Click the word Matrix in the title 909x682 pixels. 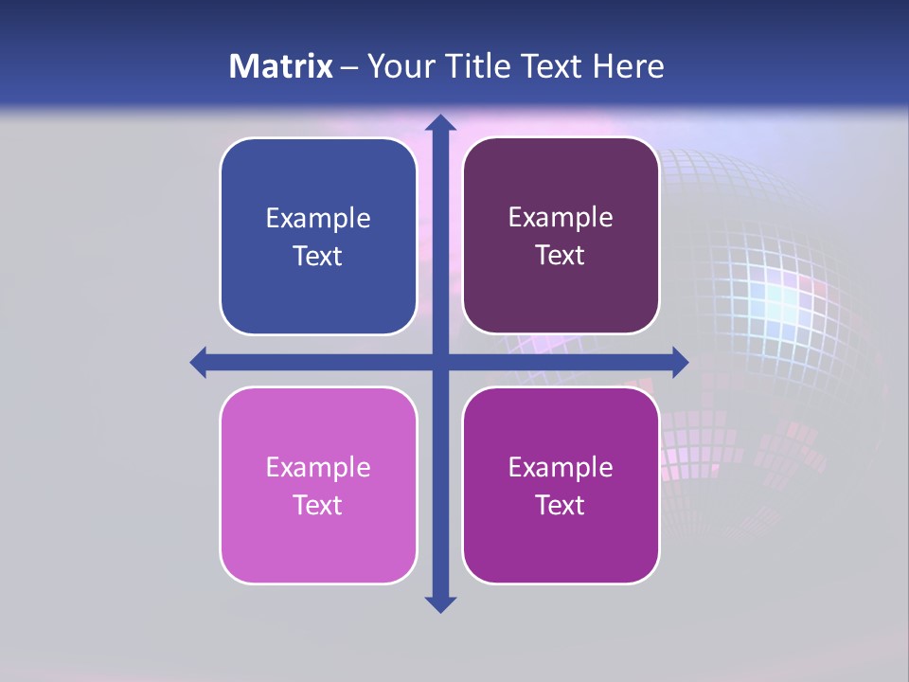[x=280, y=66]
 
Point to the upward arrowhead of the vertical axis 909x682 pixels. [x=440, y=122]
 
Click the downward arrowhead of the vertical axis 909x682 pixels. [x=440, y=603]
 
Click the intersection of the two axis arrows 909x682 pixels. [x=440, y=362]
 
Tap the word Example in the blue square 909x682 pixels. [x=318, y=219]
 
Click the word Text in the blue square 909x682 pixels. [x=318, y=256]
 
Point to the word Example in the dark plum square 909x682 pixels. [x=561, y=218]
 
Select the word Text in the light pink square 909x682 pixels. [x=318, y=505]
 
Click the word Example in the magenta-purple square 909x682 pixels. [x=561, y=467]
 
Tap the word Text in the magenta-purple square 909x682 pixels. [x=561, y=505]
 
